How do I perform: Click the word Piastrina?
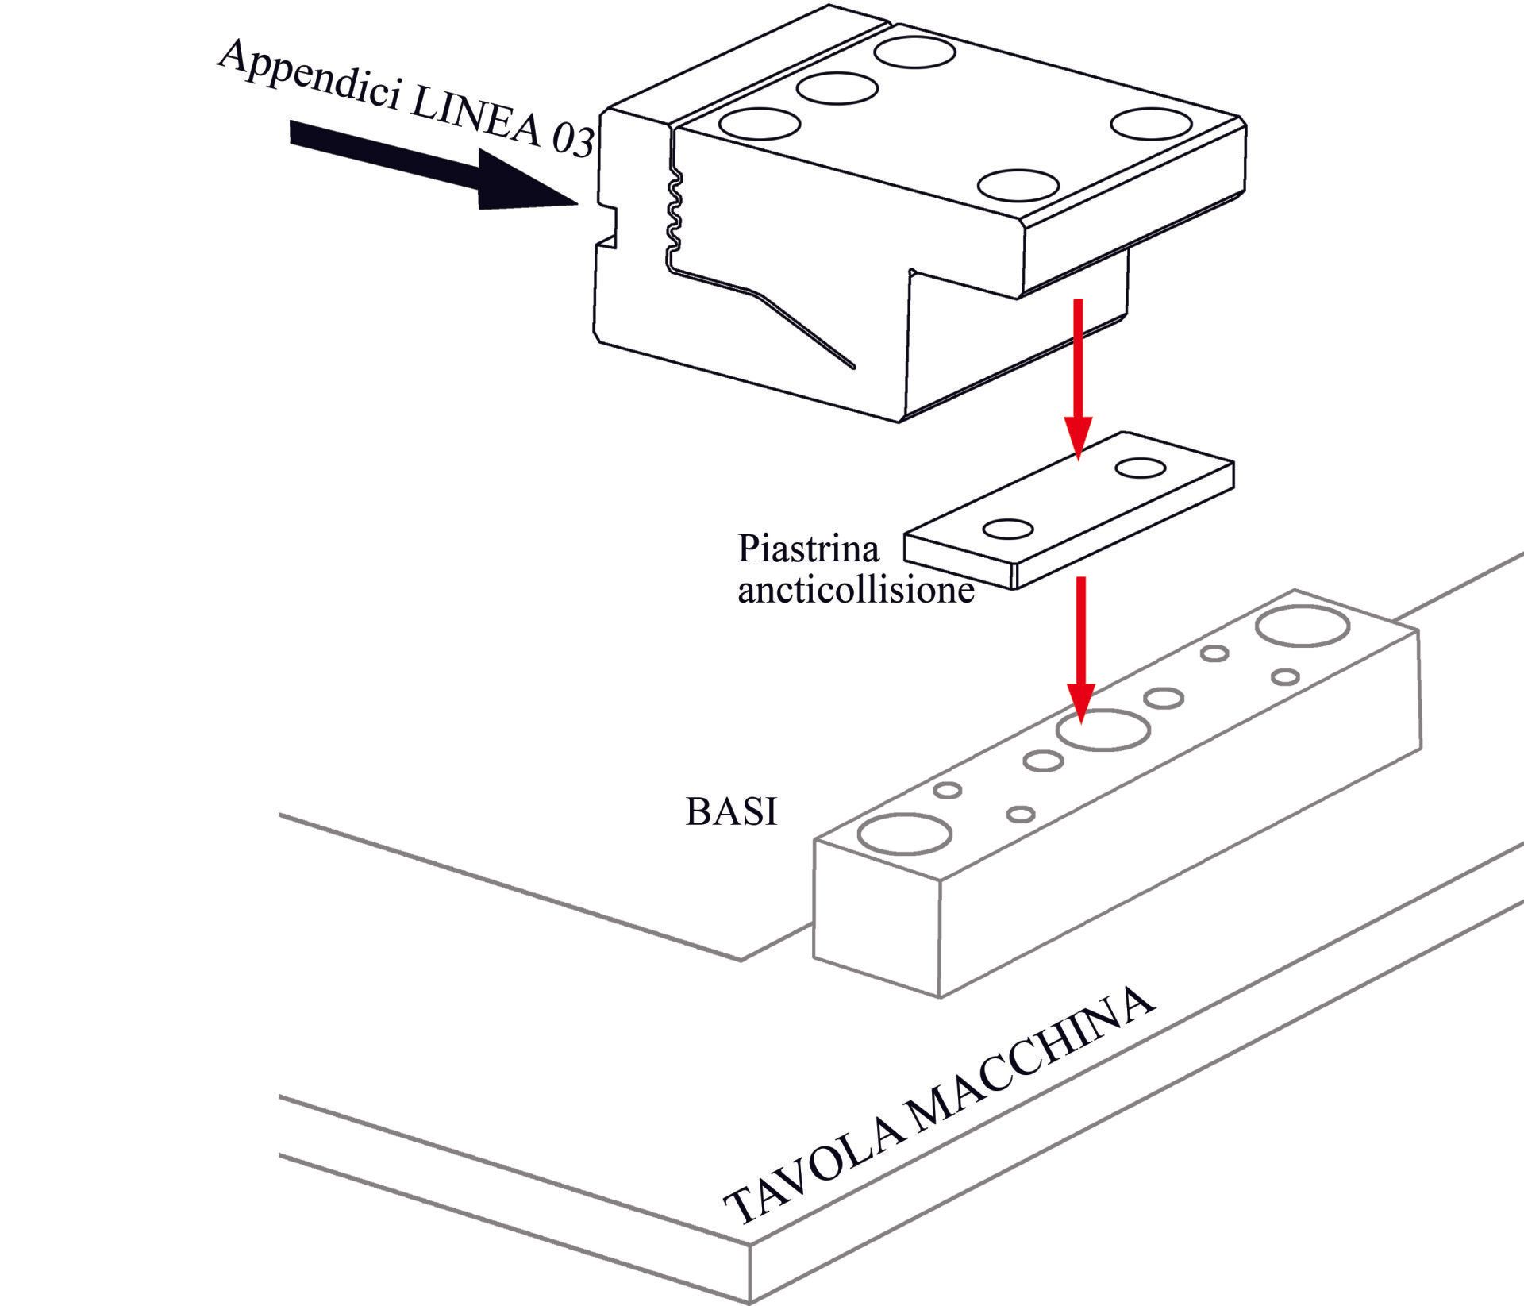[809, 549]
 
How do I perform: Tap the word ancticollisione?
[856, 591]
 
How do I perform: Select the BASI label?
[731, 811]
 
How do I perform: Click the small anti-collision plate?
[1072, 508]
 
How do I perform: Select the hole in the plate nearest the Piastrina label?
[1008, 529]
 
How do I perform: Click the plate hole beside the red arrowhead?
[1140, 468]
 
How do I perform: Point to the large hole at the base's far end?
[1303, 626]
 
